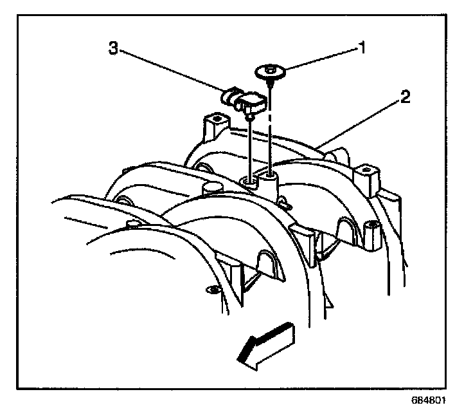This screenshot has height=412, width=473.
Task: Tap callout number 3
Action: (113, 50)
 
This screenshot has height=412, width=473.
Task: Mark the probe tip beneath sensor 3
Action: (249, 118)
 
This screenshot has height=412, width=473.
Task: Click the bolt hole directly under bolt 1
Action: (270, 173)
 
